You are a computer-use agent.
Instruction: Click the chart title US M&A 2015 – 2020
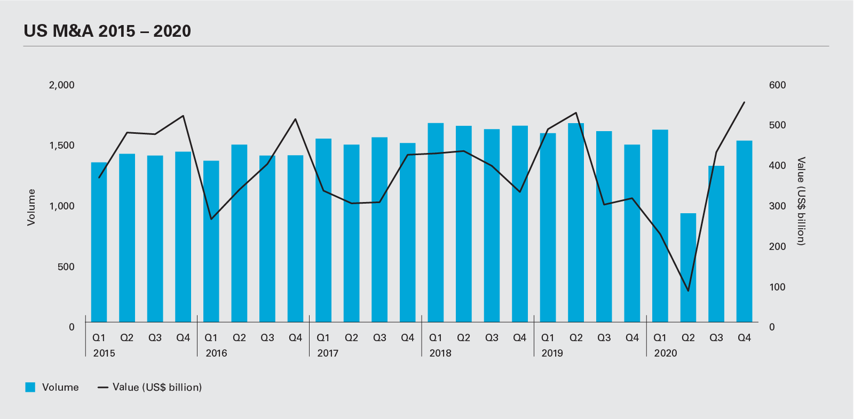click(107, 31)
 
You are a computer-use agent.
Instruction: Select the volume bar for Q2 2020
click(688, 268)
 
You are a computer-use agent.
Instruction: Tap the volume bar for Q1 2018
click(436, 223)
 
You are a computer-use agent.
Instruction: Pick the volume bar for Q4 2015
click(183, 237)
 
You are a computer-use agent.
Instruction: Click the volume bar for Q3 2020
click(716, 244)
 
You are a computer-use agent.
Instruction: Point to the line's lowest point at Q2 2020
click(688, 291)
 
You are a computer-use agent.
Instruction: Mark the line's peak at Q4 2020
click(744, 102)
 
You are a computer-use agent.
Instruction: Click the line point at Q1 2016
click(211, 219)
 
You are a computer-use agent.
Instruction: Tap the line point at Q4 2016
click(295, 119)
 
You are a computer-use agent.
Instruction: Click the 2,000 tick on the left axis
click(62, 85)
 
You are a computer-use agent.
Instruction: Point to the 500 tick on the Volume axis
click(66, 267)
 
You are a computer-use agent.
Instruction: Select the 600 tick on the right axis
click(777, 85)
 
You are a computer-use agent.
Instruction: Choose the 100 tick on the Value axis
click(777, 287)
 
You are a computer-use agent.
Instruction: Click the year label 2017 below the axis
click(328, 353)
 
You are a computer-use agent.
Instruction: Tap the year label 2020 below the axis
click(665, 353)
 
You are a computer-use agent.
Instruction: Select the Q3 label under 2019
click(604, 337)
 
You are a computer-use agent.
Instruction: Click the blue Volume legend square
click(30, 388)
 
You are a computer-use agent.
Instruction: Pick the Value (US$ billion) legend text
click(157, 388)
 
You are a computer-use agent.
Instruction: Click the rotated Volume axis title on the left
click(31, 207)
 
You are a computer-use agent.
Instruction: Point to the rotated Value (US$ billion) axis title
click(801, 201)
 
